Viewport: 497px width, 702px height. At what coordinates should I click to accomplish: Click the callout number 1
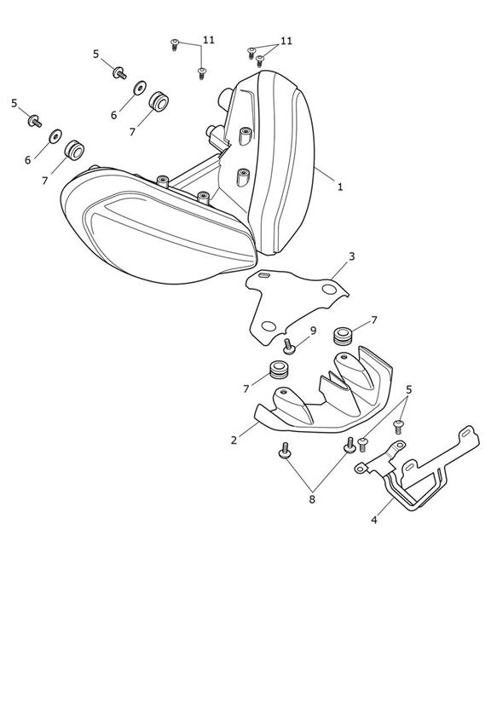[339, 187]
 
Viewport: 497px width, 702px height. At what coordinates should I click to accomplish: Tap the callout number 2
[234, 440]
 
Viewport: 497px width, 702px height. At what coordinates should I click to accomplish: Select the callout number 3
[352, 256]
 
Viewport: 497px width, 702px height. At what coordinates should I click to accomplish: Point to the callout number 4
[374, 520]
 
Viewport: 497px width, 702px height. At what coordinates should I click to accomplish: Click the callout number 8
[312, 498]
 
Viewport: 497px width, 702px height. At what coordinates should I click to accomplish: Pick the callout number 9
[313, 331]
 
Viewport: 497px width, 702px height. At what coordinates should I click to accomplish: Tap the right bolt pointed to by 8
[350, 445]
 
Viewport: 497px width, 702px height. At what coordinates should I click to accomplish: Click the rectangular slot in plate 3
[264, 275]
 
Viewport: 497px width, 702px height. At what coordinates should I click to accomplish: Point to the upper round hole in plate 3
[329, 290]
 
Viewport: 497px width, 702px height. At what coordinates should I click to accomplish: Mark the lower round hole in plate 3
[269, 326]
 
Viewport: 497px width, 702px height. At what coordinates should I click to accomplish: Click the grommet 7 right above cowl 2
[344, 336]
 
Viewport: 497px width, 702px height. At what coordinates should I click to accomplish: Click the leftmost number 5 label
[14, 103]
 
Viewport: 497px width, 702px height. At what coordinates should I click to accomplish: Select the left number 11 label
[208, 40]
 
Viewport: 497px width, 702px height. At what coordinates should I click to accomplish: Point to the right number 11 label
[286, 41]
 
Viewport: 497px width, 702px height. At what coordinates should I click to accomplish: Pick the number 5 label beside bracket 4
[408, 390]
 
